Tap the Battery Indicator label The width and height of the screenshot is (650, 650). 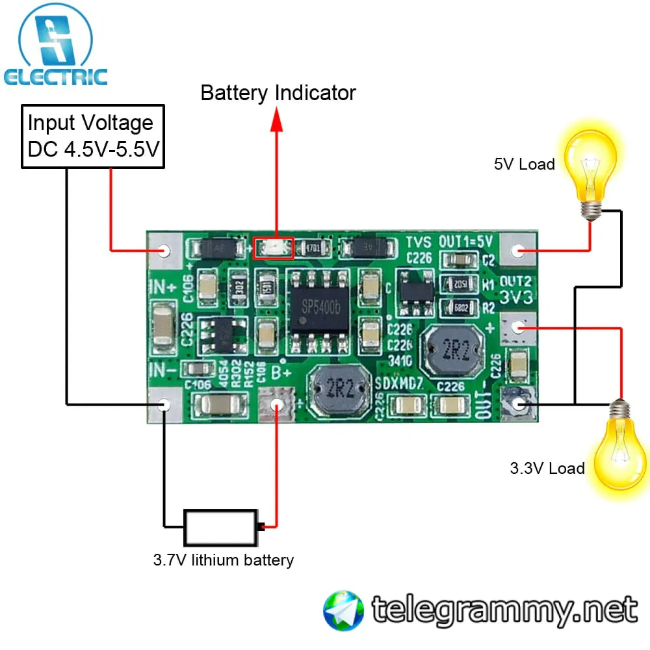click(x=278, y=93)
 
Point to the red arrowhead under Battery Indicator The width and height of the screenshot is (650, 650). click(x=278, y=120)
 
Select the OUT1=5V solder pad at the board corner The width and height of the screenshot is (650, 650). click(x=518, y=250)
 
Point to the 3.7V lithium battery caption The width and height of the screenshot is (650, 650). click(x=223, y=560)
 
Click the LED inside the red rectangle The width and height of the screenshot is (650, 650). click(x=273, y=248)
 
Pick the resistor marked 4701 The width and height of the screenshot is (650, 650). click(x=314, y=248)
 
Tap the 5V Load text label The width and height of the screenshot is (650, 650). click(x=524, y=164)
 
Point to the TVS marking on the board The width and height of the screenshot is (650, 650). click(x=420, y=242)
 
